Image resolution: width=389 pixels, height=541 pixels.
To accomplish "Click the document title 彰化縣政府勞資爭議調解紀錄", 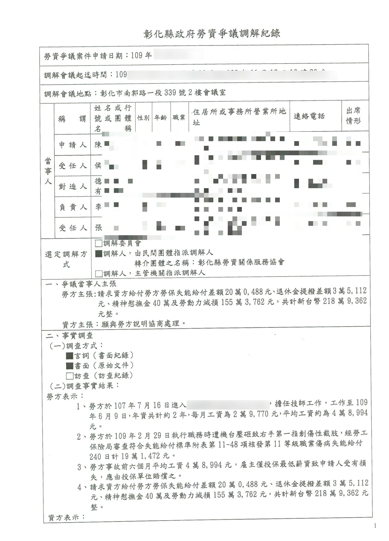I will click(x=212, y=34).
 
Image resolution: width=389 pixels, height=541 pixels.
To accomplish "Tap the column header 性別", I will click(x=143, y=118).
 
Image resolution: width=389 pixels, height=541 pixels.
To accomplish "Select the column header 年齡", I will click(x=161, y=118).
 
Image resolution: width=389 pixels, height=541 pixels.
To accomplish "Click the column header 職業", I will click(x=179, y=118).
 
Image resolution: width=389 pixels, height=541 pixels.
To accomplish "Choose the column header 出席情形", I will click(x=353, y=116).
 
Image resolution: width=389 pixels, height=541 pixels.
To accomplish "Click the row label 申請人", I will click(x=72, y=145).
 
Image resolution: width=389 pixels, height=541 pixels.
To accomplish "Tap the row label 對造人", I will click(x=72, y=187).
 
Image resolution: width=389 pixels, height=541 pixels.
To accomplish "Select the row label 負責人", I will click(x=72, y=207).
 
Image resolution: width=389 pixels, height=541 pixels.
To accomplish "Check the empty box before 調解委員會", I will click(x=99, y=243).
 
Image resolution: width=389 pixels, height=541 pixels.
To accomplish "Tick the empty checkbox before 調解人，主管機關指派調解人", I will click(x=99, y=273).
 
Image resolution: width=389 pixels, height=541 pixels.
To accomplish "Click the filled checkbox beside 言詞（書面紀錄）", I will click(x=69, y=356).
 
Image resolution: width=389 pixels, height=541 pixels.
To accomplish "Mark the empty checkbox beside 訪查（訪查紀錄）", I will click(x=69, y=376).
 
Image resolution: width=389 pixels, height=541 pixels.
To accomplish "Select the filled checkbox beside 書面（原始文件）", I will click(x=69, y=366).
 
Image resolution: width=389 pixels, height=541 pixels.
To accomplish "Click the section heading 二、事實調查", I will click(x=69, y=336).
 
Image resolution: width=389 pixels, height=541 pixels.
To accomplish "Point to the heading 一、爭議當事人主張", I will click(x=81, y=284).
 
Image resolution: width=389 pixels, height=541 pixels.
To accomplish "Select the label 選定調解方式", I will click(x=66, y=259).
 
